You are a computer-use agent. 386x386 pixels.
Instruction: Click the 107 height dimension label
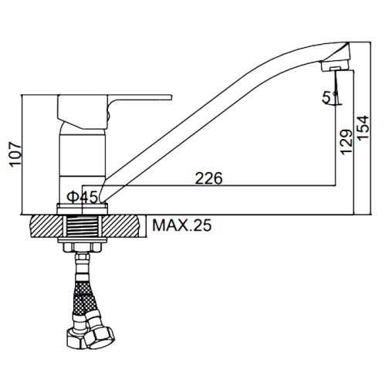15,154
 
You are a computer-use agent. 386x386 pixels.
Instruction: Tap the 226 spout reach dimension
208,178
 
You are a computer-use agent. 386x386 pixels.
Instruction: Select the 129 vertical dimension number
347,142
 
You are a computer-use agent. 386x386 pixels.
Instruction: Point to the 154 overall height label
363,128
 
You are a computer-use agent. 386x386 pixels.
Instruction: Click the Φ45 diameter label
83,197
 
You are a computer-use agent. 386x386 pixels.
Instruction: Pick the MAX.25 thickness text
182,225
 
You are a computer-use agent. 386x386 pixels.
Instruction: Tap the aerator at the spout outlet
335,66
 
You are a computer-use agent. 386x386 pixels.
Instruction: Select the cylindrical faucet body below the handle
83,152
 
